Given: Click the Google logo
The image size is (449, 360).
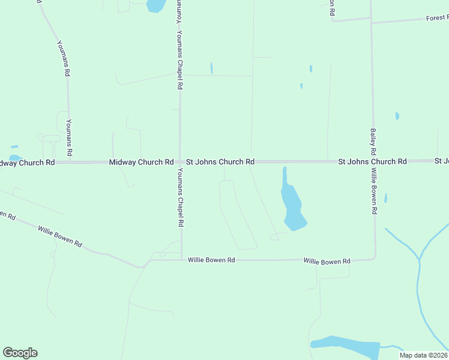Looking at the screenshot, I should [x=20, y=353].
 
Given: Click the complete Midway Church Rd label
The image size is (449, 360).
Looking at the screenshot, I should [x=141, y=163].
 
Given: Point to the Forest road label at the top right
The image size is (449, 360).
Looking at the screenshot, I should [x=437, y=18].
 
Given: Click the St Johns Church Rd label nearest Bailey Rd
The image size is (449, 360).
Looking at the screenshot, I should [x=372, y=162].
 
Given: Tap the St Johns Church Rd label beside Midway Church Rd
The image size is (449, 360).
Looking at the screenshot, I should [x=220, y=162].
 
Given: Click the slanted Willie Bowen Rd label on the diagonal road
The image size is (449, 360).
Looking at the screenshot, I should [x=59, y=236].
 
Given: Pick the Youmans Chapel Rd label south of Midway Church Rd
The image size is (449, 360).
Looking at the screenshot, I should [x=180, y=197].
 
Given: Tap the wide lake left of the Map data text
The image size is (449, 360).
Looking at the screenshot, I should [x=345, y=346].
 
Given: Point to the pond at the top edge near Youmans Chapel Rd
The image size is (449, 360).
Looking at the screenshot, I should [x=155, y=5].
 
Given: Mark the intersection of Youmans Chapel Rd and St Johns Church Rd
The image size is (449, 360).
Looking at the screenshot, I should [x=180, y=162].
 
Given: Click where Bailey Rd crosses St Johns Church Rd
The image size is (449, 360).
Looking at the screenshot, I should [x=373, y=162].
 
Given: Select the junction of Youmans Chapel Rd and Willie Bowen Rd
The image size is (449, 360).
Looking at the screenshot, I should [x=181, y=260].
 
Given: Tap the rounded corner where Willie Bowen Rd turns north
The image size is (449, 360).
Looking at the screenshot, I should [x=374, y=257].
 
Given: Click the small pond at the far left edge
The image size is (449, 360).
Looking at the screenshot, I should [x=13, y=146].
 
